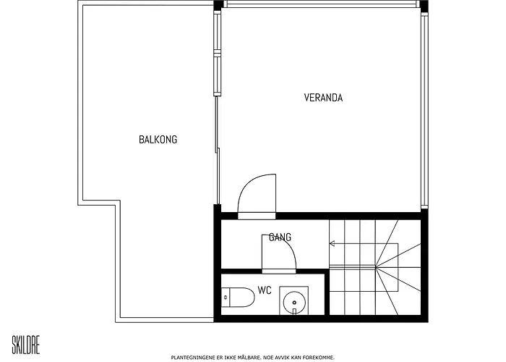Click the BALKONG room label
pyautogui.click(x=158, y=139)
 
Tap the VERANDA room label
pyautogui.click(x=323, y=98)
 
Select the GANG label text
pyautogui.click(x=280, y=237)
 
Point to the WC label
pyautogui.click(x=265, y=290)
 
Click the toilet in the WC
pyautogui.click(x=238, y=297)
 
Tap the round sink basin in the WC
pyautogui.click(x=294, y=303)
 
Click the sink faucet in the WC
pyautogui.click(x=294, y=311)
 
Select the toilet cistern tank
pyautogui.click(x=226, y=297)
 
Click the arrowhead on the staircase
pyautogui.click(x=332, y=243)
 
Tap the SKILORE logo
pyautogui.click(x=26, y=345)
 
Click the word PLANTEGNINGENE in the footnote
pyautogui.click(x=191, y=358)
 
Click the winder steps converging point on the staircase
pyautogui.click(x=376, y=267)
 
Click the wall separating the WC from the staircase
pyautogui.click(x=327, y=294)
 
